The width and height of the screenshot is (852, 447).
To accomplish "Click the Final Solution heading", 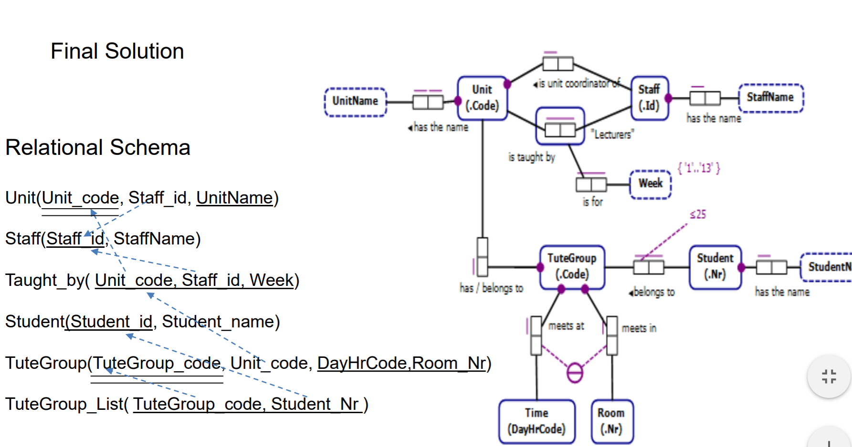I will tap(117, 51).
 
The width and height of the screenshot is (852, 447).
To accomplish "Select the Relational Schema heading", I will tap(98, 147).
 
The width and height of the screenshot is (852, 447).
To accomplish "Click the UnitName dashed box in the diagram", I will tap(355, 101).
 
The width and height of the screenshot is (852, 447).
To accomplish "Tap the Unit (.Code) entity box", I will tap(482, 98).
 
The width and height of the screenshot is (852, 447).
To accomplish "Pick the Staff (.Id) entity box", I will tap(649, 98).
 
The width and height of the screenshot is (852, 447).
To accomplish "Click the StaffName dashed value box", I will tap(770, 97).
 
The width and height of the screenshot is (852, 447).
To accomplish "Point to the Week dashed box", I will tap(651, 183).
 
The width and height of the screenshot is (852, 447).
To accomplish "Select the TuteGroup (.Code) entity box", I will tap(572, 266).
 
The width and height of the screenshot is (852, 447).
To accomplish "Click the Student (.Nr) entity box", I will tap(715, 266).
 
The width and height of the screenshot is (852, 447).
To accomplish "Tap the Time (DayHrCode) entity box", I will tap(536, 421).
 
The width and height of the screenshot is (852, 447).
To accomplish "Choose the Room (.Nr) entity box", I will tap(611, 421).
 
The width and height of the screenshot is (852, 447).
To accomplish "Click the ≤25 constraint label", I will tap(698, 214).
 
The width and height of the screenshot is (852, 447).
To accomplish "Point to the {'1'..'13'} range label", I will tap(699, 168).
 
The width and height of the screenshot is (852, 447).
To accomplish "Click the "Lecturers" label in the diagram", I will tap(612, 134).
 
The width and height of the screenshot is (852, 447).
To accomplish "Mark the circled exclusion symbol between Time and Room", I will tap(575, 372).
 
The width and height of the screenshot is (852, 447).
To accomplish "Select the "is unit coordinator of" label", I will tap(578, 84).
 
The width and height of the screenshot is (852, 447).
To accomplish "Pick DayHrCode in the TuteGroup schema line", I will tap(362, 363).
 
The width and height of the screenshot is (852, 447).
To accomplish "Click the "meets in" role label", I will tap(639, 328).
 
